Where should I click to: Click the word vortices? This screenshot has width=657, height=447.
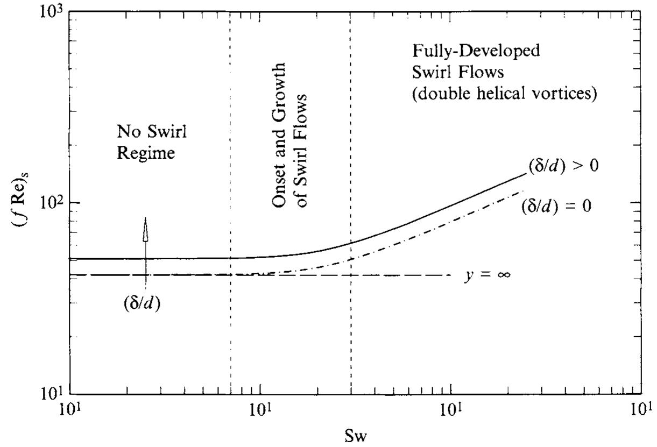(573, 93)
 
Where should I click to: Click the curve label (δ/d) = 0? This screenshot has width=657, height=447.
(556, 207)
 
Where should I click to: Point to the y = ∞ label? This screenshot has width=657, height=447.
(487, 275)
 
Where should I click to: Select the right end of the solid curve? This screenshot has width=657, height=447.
(525, 173)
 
